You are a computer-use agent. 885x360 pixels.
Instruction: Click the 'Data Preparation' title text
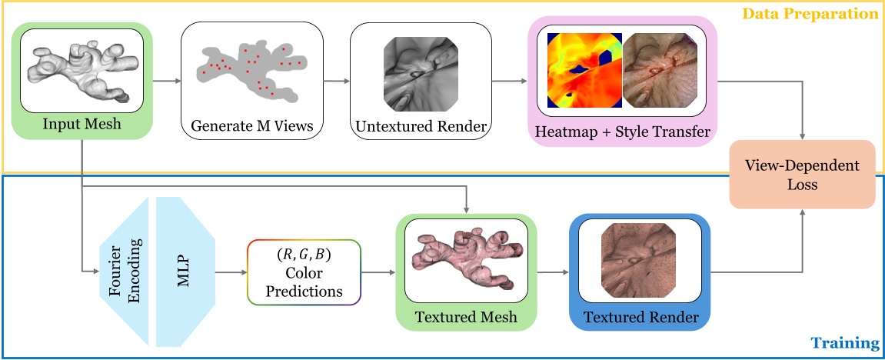click(x=821, y=14)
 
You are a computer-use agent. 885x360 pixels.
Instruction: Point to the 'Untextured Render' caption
click(x=421, y=126)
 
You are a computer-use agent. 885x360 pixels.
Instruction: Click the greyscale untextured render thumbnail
click(x=420, y=70)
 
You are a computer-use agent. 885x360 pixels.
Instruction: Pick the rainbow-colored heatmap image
click(x=583, y=70)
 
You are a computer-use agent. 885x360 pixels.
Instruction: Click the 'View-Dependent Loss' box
click(x=803, y=174)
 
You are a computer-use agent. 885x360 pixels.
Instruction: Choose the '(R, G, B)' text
click(x=304, y=255)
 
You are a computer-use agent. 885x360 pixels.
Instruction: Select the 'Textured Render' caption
click(x=640, y=317)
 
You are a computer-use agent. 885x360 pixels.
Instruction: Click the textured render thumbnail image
click(x=640, y=259)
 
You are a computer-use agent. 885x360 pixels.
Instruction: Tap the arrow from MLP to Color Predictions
click(x=230, y=272)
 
